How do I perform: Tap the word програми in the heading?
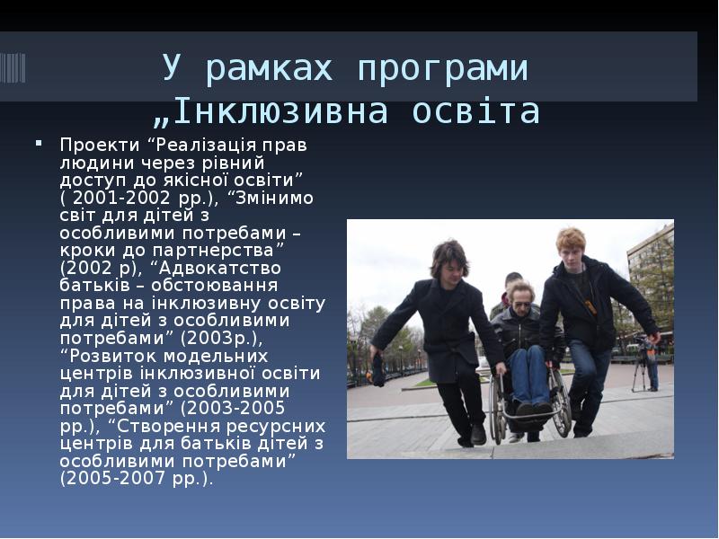(x=441, y=68)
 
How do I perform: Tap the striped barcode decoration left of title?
(x=13, y=67)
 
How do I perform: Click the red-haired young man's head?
(x=570, y=243)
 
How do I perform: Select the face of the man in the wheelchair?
(x=521, y=297)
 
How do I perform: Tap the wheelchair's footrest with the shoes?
(x=531, y=411)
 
